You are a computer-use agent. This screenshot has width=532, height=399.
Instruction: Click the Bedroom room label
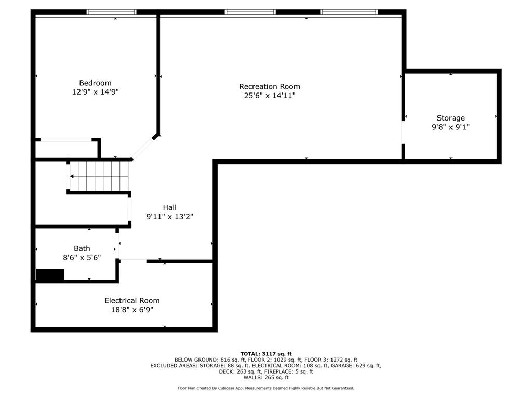[x=95, y=83]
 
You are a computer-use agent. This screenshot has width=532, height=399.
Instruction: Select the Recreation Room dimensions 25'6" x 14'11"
[x=270, y=96]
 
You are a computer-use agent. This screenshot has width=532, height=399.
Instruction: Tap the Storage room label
[x=450, y=118]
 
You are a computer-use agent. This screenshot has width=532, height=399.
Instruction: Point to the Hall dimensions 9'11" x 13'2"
[x=170, y=217]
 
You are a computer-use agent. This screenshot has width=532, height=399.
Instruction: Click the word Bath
[x=82, y=248]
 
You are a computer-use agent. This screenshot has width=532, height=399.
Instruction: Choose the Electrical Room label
[x=132, y=301]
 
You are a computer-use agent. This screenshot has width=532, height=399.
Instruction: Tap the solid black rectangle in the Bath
[x=50, y=275]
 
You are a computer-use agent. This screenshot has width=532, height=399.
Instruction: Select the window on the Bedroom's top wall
[x=111, y=12]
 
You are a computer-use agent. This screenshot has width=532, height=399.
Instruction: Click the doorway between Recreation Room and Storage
[x=403, y=132]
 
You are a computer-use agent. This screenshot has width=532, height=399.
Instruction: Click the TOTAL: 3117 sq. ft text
[x=266, y=354]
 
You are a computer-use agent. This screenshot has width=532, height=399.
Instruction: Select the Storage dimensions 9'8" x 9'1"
[x=450, y=127]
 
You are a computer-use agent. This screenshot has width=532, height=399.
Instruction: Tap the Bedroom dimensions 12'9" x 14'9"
[x=96, y=92]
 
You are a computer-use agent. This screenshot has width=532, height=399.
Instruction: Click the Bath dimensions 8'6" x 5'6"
[x=82, y=258]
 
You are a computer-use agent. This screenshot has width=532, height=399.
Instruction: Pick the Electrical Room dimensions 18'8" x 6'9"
[x=132, y=310]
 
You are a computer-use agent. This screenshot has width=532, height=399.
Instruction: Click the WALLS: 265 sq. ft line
[x=266, y=377]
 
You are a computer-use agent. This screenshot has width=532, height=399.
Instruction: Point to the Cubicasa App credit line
[x=266, y=388]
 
